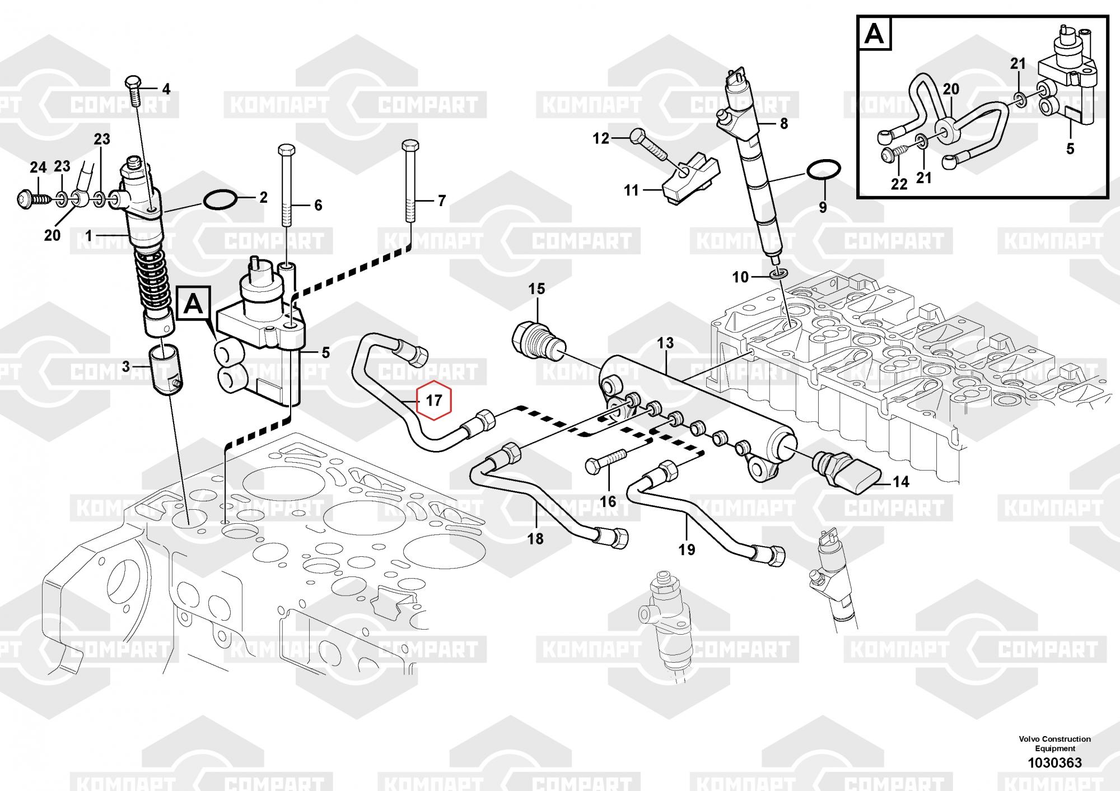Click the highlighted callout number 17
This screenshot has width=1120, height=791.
[x=434, y=401]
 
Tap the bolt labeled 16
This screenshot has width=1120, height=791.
[x=605, y=463]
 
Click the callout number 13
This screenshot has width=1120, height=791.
[x=665, y=343]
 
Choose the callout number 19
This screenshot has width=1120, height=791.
[x=687, y=549]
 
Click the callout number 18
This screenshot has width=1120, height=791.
[x=535, y=538]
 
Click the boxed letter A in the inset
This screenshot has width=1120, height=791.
[x=874, y=34]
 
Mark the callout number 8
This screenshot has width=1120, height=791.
[x=783, y=123]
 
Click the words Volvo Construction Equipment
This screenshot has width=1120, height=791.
[x=1054, y=743]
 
